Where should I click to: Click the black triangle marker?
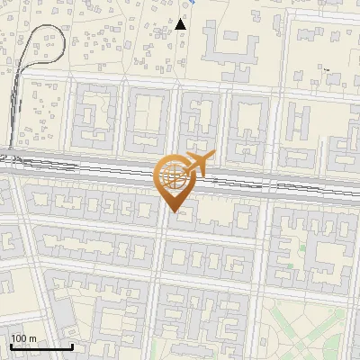(181, 22)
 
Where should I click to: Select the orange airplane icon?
(196, 165)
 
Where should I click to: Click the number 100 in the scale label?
(19, 338)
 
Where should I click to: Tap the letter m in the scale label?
(33, 338)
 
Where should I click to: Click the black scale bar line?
(41, 346)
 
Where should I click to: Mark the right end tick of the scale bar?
(72, 346)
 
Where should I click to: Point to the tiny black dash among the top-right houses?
(328, 70)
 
